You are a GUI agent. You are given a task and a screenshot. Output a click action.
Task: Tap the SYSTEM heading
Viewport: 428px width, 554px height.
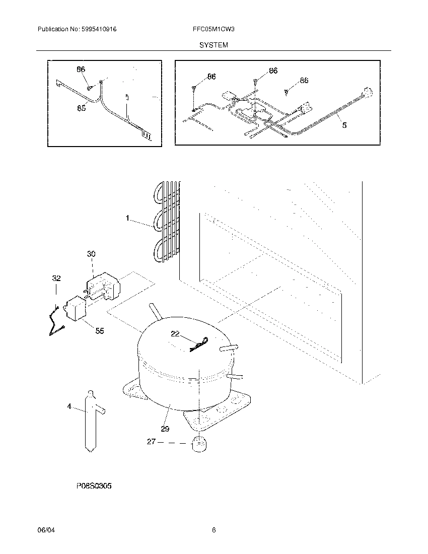[213, 45]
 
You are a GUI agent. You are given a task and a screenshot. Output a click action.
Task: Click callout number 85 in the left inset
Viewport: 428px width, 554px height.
[81, 107]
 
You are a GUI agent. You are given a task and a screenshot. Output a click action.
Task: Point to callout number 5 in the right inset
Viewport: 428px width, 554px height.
[344, 125]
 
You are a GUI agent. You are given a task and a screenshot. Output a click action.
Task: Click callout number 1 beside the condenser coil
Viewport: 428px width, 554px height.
[128, 218]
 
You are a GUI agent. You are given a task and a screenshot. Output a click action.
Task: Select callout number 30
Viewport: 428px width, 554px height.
[91, 254]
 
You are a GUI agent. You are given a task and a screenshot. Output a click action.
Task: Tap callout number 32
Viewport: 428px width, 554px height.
[56, 278]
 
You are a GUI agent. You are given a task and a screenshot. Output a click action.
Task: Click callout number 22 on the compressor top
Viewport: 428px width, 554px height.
[175, 334]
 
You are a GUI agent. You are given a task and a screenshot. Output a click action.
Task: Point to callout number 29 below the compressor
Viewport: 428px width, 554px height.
[165, 429]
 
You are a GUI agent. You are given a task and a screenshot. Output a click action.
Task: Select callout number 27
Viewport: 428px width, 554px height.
[151, 442]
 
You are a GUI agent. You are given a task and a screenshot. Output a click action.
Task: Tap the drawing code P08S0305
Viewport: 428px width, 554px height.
[94, 486]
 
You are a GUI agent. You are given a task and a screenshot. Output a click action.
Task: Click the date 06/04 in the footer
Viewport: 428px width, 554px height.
[45, 530]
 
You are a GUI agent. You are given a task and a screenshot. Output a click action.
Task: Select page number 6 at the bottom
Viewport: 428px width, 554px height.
[213, 530]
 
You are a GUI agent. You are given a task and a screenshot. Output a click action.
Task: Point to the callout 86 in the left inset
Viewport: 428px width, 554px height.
[81, 70]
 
